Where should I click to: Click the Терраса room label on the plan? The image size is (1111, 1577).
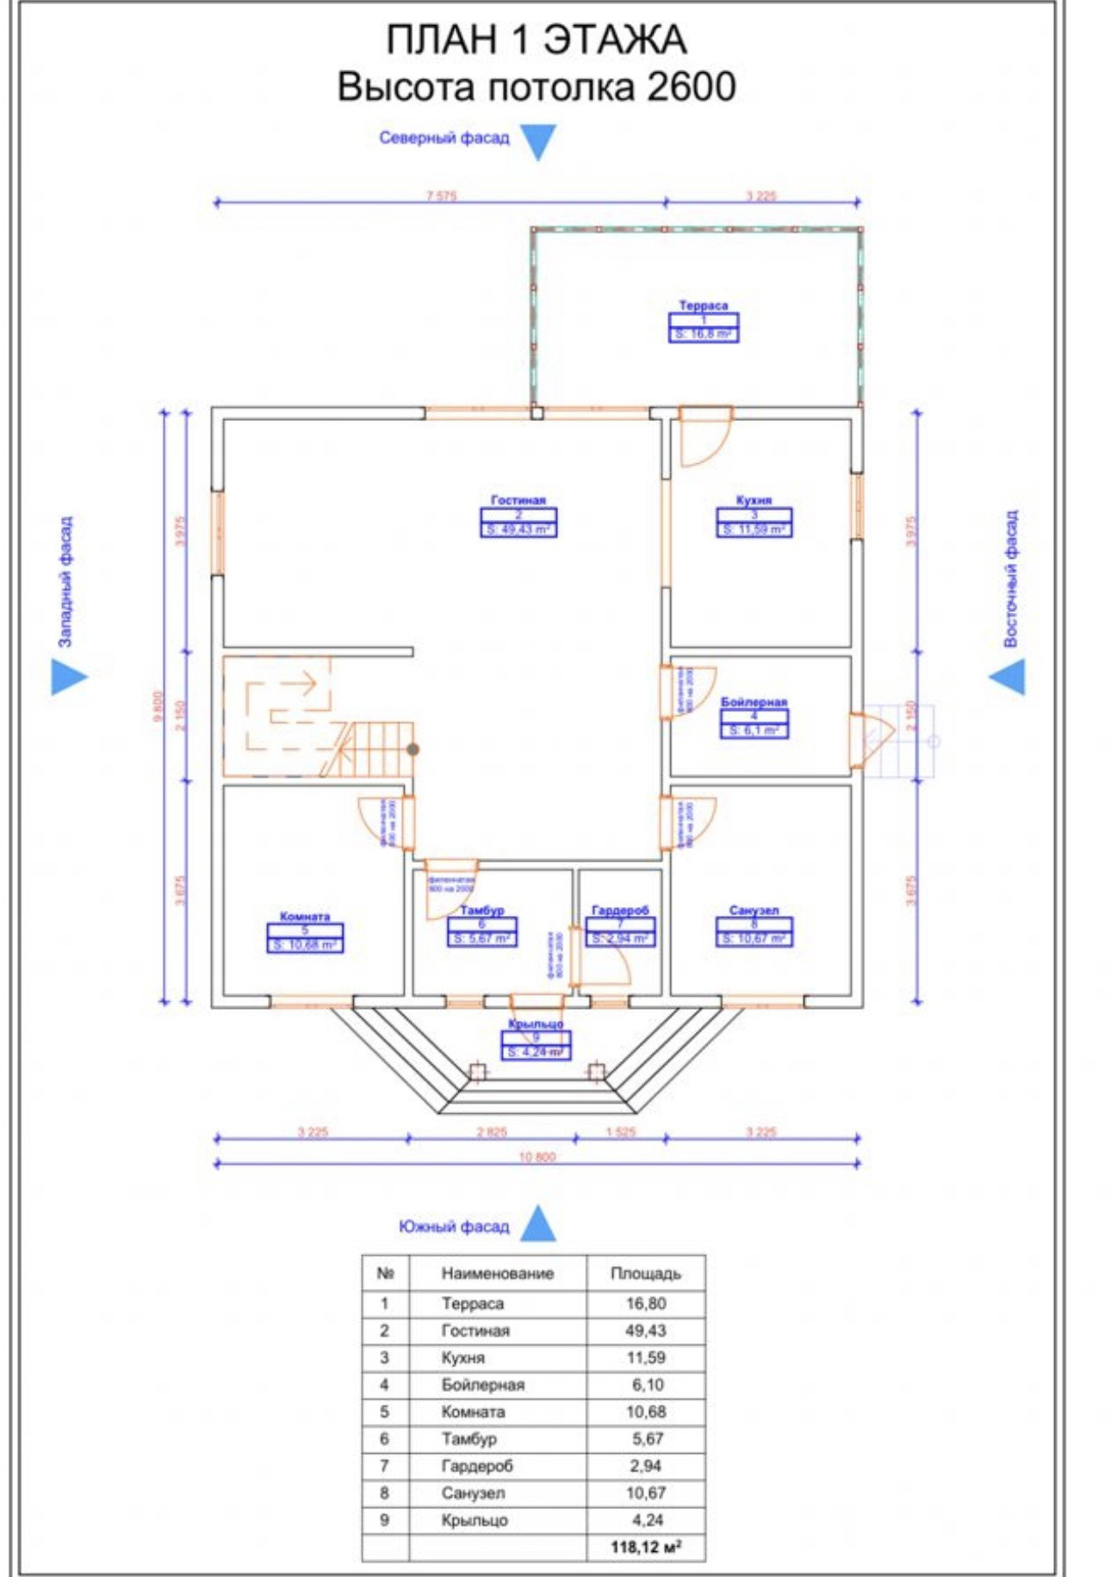(x=703, y=306)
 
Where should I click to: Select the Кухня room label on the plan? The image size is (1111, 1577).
(x=754, y=500)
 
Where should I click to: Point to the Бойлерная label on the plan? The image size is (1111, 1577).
(x=754, y=702)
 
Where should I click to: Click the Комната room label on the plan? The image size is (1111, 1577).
(x=305, y=917)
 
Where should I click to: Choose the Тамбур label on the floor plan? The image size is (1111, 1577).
(x=481, y=910)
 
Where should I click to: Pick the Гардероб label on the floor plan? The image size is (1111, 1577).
(x=620, y=910)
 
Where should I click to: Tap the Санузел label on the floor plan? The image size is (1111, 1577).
(x=754, y=910)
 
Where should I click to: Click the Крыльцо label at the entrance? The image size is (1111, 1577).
(x=536, y=1024)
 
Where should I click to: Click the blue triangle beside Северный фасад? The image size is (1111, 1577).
(x=538, y=140)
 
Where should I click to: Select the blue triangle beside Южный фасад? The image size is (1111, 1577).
(x=538, y=1224)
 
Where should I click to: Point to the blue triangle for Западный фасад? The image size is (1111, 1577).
(x=67, y=677)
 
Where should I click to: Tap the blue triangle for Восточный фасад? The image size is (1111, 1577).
(x=1009, y=677)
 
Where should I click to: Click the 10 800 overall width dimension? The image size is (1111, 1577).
(x=537, y=1157)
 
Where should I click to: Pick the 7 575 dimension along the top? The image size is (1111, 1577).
(x=441, y=195)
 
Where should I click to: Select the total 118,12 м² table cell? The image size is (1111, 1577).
(x=645, y=1547)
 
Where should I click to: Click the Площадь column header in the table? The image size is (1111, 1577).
(x=645, y=1273)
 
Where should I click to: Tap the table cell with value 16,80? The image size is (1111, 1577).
(x=645, y=1303)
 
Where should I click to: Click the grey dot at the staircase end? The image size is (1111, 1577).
(x=413, y=750)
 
